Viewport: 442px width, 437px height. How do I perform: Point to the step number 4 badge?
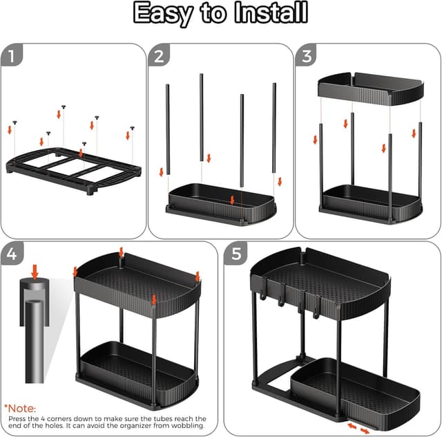[12, 254]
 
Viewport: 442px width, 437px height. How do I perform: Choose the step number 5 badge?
[237, 254]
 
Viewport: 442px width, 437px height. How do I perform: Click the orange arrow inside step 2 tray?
[233, 200]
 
